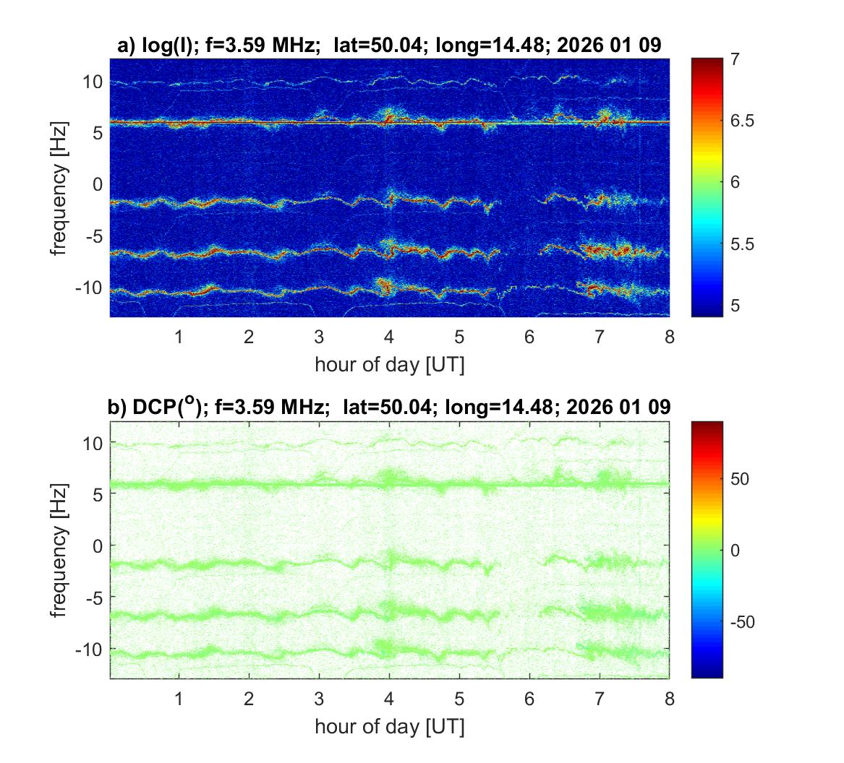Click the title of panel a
pyautogui.click(x=388, y=46)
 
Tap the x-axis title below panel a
pyautogui.click(x=389, y=364)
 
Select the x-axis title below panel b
pyautogui.click(x=389, y=725)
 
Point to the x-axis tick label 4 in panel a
pyautogui.click(x=389, y=337)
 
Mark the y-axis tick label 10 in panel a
pyautogui.click(x=93, y=82)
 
